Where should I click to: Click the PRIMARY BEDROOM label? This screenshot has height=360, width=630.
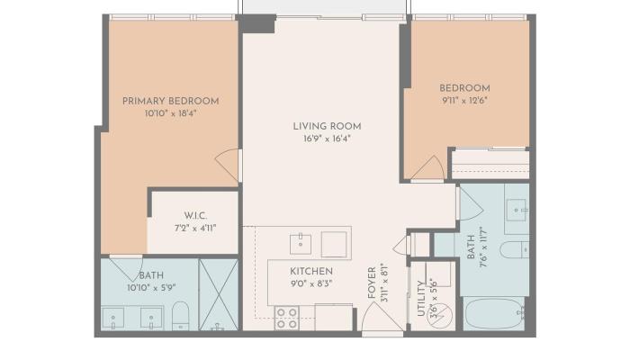(x=170, y=101)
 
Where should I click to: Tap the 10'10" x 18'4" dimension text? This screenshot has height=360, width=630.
(x=170, y=114)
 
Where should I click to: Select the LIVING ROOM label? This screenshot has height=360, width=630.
(x=320, y=125)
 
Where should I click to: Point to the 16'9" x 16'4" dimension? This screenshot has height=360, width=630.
(x=320, y=139)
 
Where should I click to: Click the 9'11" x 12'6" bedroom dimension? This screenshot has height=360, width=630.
(x=464, y=101)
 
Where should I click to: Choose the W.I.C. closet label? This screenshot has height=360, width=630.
(x=194, y=215)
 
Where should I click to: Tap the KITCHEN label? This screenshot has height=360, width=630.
(x=310, y=271)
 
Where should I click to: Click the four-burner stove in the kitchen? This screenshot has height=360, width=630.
(x=287, y=318)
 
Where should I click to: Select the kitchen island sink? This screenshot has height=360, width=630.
(x=300, y=243)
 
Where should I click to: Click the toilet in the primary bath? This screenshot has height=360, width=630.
(x=179, y=315)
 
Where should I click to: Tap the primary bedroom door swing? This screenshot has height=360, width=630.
(x=229, y=164)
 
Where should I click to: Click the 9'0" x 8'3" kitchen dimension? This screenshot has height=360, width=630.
(x=310, y=283)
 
